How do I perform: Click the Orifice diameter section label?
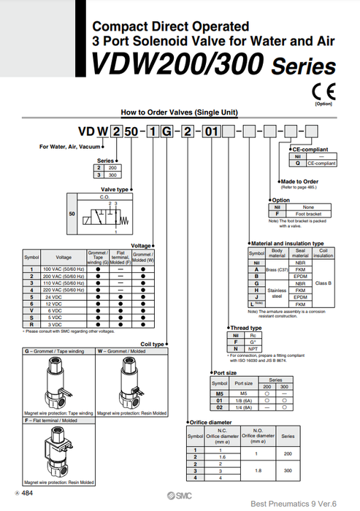(x=210, y=422)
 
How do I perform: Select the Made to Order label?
(x=299, y=181)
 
